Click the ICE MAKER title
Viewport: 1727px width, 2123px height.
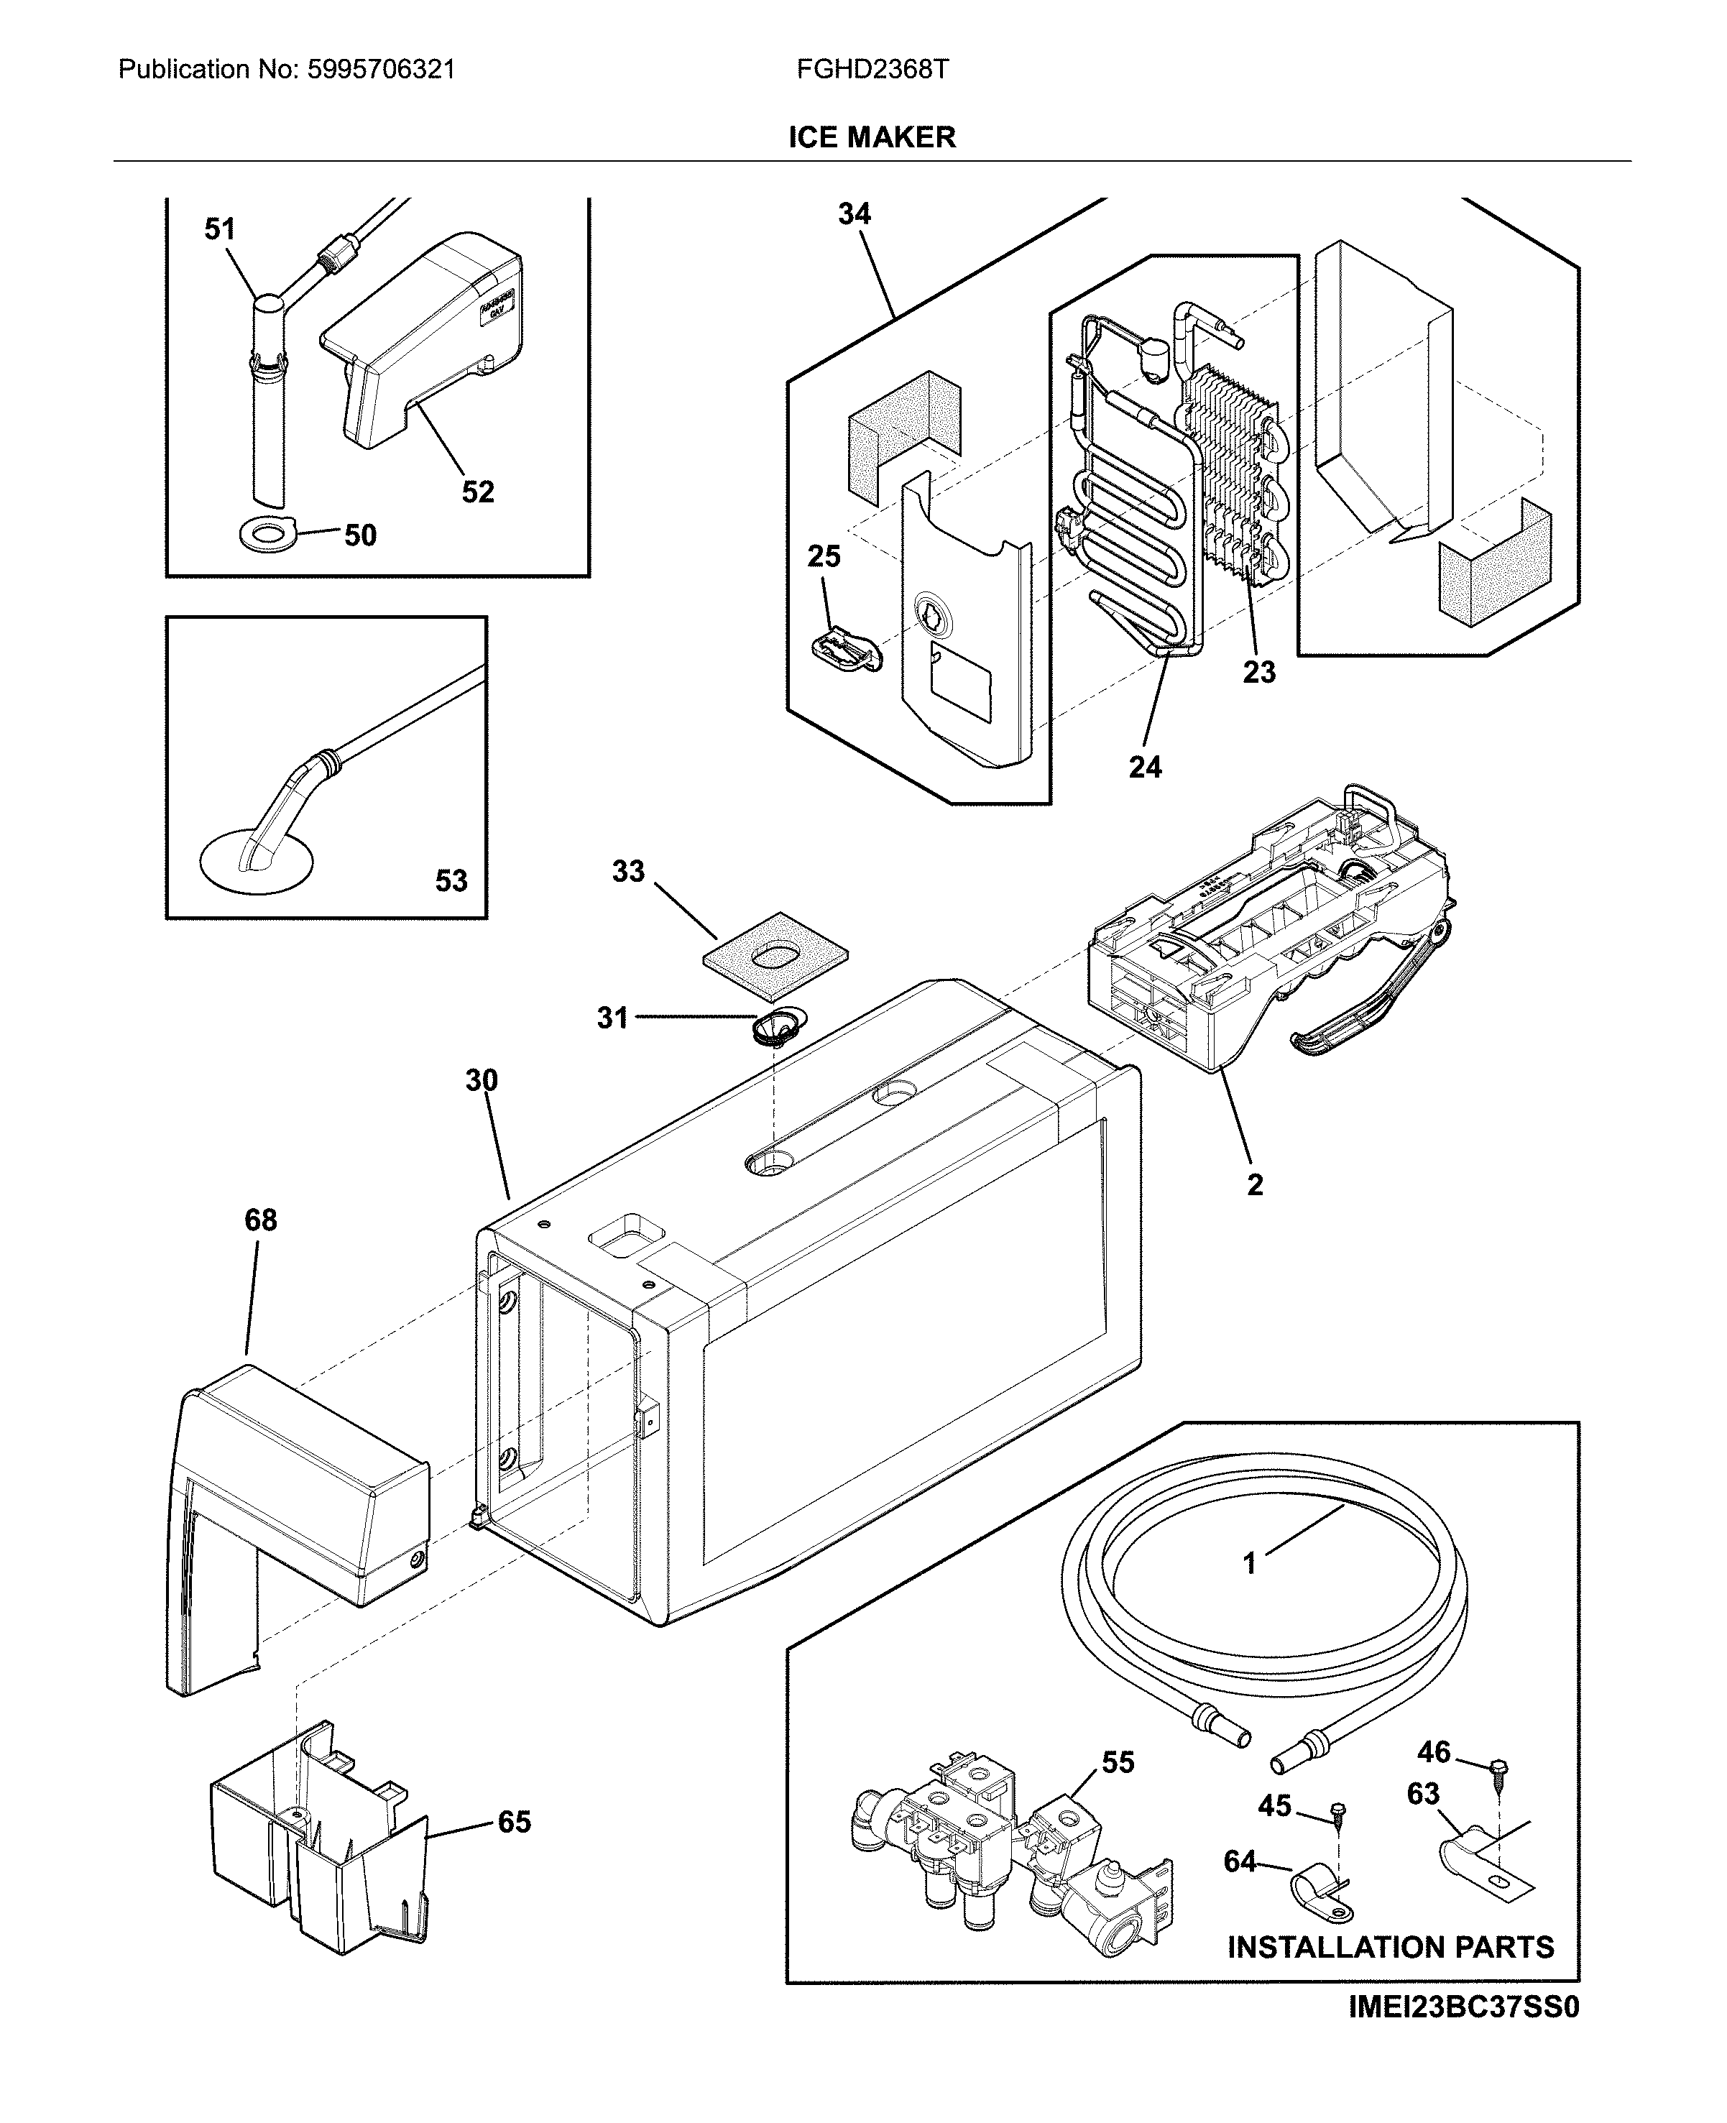click(x=872, y=137)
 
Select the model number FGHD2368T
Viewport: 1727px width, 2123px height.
click(x=872, y=70)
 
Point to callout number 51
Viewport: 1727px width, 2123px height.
click(x=219, y=230)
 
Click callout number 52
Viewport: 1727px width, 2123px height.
click(x=477, y=492)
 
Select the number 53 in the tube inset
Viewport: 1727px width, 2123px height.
click(x=451, y=880)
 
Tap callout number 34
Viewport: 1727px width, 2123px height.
click(x=854, y=214)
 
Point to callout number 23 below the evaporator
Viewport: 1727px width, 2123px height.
click(x=1258, y=673)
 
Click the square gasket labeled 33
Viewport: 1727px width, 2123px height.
click(x=776, y=956)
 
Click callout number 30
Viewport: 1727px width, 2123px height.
click(x=482, y=1080)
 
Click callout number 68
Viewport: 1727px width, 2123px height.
click(x=261, y=1220)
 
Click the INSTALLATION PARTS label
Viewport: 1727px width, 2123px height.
click(x=1390, y=1947)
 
